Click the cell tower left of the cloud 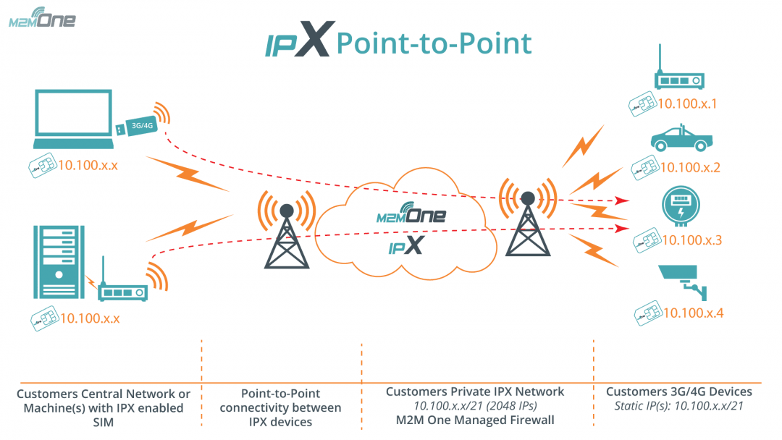pyautogui.click(x=287, y=235)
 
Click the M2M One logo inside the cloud pyautogui.click(x=411, y=215)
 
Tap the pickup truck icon pyautogui.click(x=679, y=139)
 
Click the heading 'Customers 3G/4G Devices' pyautogui.click(x=678, y=392)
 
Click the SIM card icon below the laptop pyautogui.click(x=43, y=166)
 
